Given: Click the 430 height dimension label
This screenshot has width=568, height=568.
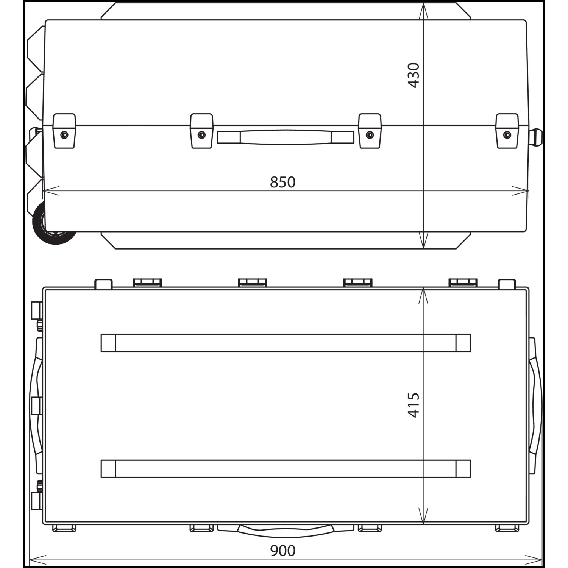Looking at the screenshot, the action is tap(414, 75).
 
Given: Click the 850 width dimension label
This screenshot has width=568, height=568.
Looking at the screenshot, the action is tap(282, 182).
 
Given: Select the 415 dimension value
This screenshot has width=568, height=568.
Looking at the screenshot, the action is tap(414, 405).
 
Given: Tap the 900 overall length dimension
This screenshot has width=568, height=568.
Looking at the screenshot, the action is tap(282, 551).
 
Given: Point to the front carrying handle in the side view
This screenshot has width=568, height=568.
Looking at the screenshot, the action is tap(286, 137).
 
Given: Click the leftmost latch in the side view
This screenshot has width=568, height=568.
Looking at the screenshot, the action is tap(64, 131).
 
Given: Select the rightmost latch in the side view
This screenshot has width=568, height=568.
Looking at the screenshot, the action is tap(507, 131).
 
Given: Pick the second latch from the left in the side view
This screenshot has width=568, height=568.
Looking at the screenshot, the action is tap(201, 131).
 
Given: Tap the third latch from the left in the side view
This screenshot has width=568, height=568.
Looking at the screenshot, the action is tap(370, 131).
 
